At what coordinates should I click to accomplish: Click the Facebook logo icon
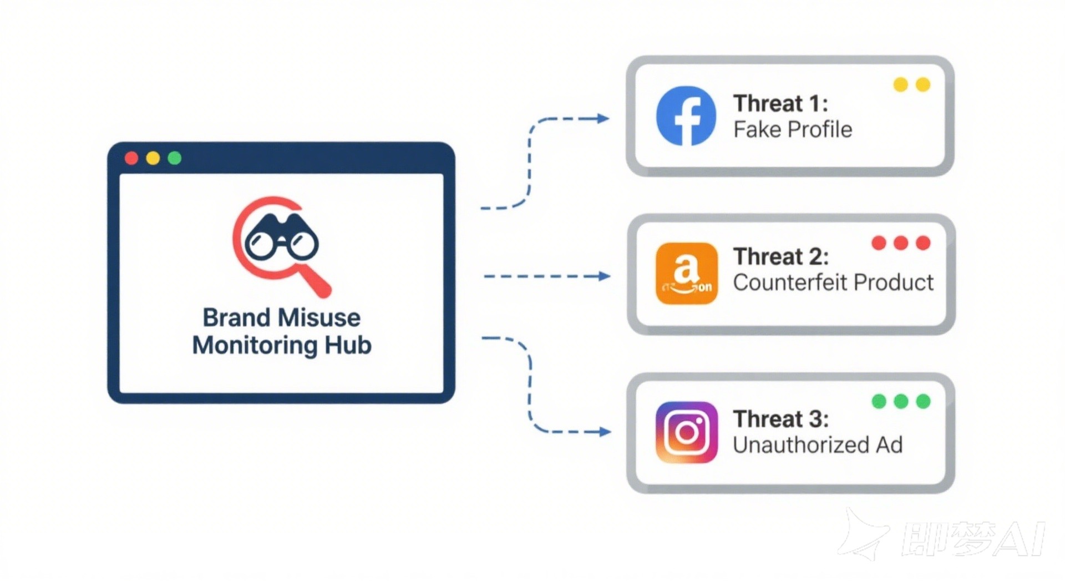click(x=686, y=116)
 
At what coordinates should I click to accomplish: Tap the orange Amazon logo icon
click(x=686, y=273)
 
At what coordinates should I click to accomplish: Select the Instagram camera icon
click(x=686, y=432)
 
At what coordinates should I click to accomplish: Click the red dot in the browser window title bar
click(x=131, y=158)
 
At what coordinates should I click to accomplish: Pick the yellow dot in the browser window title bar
click(x=153, y=158)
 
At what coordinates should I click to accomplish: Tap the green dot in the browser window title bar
click(x=175, y=158)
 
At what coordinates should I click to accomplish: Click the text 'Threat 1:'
click(x=780, y=104)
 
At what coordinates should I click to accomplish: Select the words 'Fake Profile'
click(x=792, y=130)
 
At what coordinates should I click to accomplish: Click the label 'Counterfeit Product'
click(x=833, y=282)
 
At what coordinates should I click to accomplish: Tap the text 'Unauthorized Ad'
click(x=817, y=445)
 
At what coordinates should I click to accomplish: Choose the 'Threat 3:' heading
click(x=780, y=419)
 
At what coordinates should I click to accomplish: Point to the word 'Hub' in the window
click(x=348, y=345)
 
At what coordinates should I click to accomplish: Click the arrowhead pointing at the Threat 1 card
click(x=603, y=118)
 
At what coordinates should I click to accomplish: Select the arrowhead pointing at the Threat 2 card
click(x=604, y=276)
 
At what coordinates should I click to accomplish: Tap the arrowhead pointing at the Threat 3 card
click(x=605, y=432)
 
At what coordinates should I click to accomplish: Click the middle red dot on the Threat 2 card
click(x=901, y=243)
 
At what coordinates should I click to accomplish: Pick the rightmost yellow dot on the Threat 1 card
click(x=922, y=84)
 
